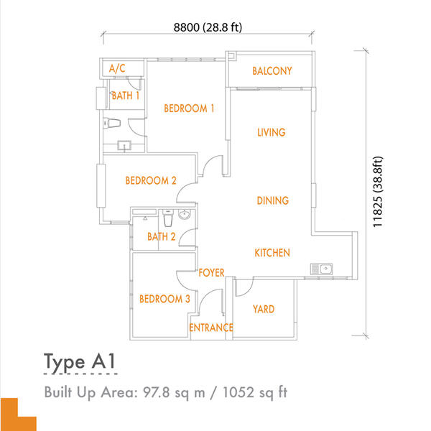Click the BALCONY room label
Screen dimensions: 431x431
(272, 71)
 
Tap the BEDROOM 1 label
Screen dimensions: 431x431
(189, 108)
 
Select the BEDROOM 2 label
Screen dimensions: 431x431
(151, 180)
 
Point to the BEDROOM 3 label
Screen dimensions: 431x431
(164, 299)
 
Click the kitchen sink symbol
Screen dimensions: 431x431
(322, 269)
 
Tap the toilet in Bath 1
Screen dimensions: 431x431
(112, 123)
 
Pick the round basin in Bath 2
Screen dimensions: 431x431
(184, 214)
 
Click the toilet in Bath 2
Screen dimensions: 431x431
(167, 218)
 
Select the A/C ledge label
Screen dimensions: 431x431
(117, 68)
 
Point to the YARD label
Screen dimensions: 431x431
(264, 309)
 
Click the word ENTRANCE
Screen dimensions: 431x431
(211, 328)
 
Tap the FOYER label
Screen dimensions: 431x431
(211, 273)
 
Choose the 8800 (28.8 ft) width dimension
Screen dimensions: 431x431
(208, 27)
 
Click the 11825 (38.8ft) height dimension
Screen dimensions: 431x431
(378, 192)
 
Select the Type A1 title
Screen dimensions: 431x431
(79, 362)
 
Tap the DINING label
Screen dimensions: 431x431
(273, 200)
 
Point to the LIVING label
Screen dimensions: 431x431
(272, 132)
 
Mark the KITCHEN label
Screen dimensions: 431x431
(272, 253)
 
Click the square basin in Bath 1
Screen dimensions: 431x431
(124, 145)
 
